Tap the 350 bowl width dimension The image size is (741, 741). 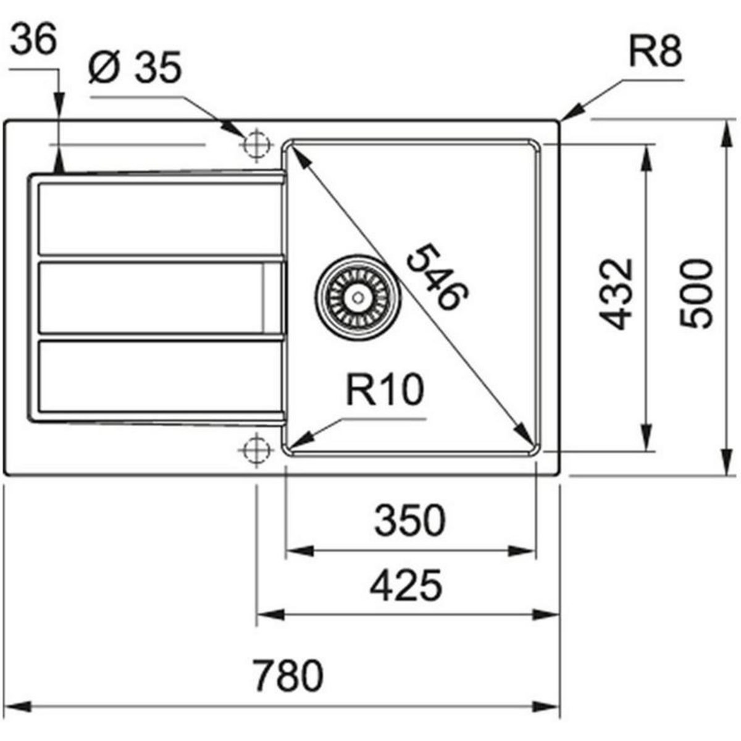[x=409, y=520]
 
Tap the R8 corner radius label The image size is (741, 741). [x=655, y=53]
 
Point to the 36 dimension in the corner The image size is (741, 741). [x=34, y=42]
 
